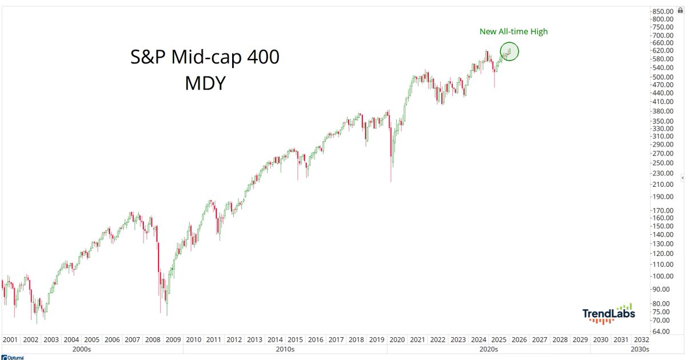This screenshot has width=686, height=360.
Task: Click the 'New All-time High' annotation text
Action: (x=513, y=31)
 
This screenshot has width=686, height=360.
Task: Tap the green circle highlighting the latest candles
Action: (x=509, y=53)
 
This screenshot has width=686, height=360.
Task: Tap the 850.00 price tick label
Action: (x=664, y=11)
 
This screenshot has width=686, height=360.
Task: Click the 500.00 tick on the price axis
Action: (x=664, y=77)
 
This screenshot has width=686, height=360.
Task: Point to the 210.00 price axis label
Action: (x=664, y=185)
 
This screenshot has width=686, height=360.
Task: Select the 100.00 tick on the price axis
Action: (x=664, y=276)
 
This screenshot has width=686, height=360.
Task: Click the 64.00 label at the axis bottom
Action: (x=663, y=331)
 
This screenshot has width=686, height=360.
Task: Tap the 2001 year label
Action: (x=11, y=339)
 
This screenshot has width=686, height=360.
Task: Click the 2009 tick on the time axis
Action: (x=173, y=339)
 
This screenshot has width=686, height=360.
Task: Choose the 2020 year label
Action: (x=397, y=339)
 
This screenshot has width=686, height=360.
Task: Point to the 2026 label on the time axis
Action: (x=519, y=339)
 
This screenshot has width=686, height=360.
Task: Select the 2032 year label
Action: (x=641, y=339)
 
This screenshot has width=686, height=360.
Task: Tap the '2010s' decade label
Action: (x=285, y=349)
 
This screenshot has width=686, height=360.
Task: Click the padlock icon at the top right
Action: (x=680, y=3)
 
